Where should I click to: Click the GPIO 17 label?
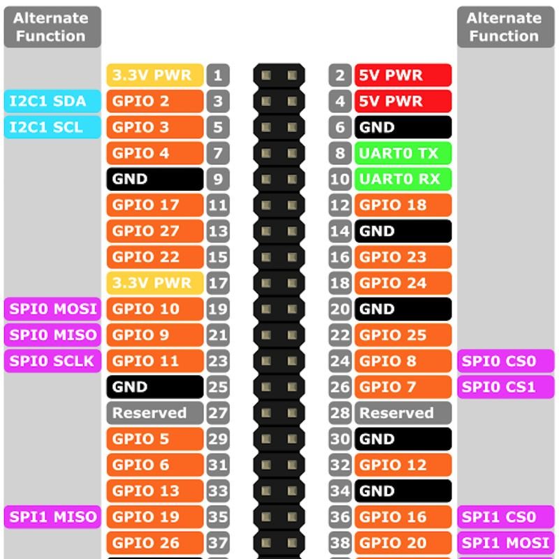click(x=154, y=205)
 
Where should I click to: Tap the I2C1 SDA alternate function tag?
click(x=53, y=101)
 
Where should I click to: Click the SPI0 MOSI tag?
click(x=53, y=309)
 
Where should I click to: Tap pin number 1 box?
click(x=218, y=75)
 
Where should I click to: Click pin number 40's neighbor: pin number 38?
click(x=340, y=543)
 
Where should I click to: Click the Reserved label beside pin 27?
click(x=154, y=413)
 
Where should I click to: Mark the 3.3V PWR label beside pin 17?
click(x=154, y=283)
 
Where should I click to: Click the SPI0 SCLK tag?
click(x=53, y=361)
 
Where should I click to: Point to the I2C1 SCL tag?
click(x=53, y=127)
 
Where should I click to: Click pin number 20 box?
click(x=340, y=309)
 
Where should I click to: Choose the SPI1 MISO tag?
click(x=53, y=517)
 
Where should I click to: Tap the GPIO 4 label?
click(x=154, y=153)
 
